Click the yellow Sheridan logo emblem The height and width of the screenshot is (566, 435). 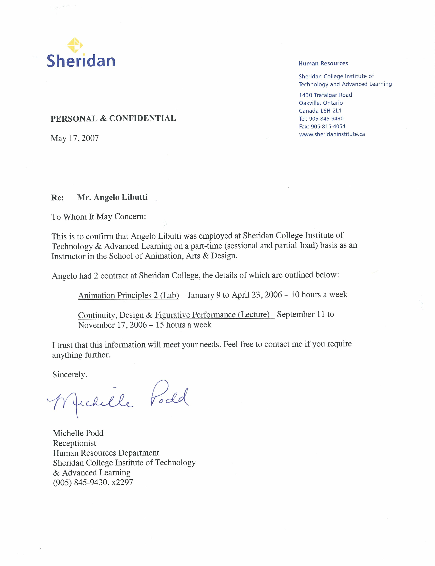pyautogui.click(x=75, y=45)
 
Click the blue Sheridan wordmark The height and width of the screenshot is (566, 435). pyautogui.click(x=81, y=61)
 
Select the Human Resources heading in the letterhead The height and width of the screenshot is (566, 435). pyautogui.click(x=323, y=63)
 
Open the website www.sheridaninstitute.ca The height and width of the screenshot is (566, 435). pyautogui.click(x=332, y=134)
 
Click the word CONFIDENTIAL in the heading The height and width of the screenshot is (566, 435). pyautogui.click(x=142, y=118)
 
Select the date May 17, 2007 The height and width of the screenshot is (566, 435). pyautogui.click(x=75, y=138)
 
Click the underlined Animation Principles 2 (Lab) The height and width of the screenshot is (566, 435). pyautogui.click(x=128, y=295)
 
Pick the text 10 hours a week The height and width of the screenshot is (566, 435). pyautogui.click(x=319, y=294)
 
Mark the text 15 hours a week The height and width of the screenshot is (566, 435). pyautogui.click(x=184, y=325)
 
